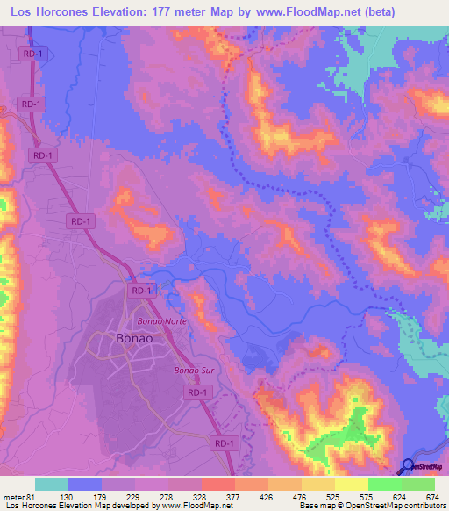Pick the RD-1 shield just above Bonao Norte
(140, 290)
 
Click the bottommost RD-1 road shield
(224, 445)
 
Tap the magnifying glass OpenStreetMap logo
(408, 467)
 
